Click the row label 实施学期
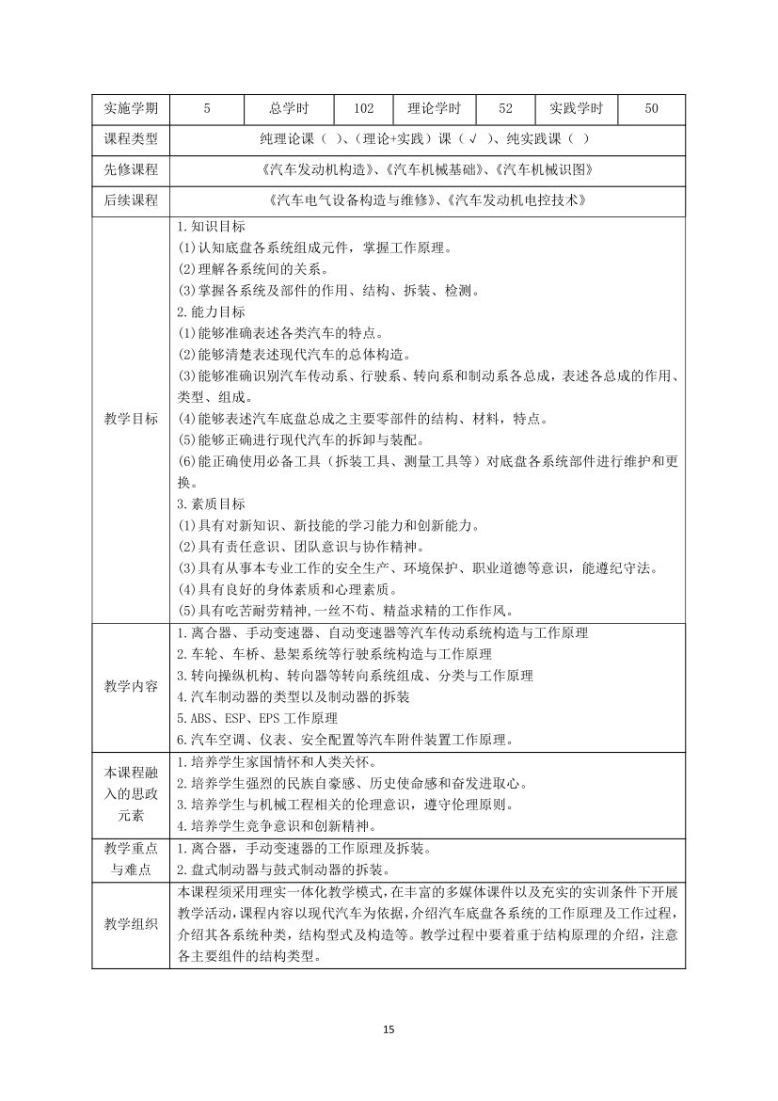[130, 109]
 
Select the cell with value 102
[363, 109]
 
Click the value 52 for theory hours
[505, 109]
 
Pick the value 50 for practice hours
[651, 109]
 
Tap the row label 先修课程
[130, 170]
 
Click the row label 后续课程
[130, 200]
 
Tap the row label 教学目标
[130, 419]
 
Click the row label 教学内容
[130, 685]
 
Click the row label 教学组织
[130, 925]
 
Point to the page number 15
[389, 1029]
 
